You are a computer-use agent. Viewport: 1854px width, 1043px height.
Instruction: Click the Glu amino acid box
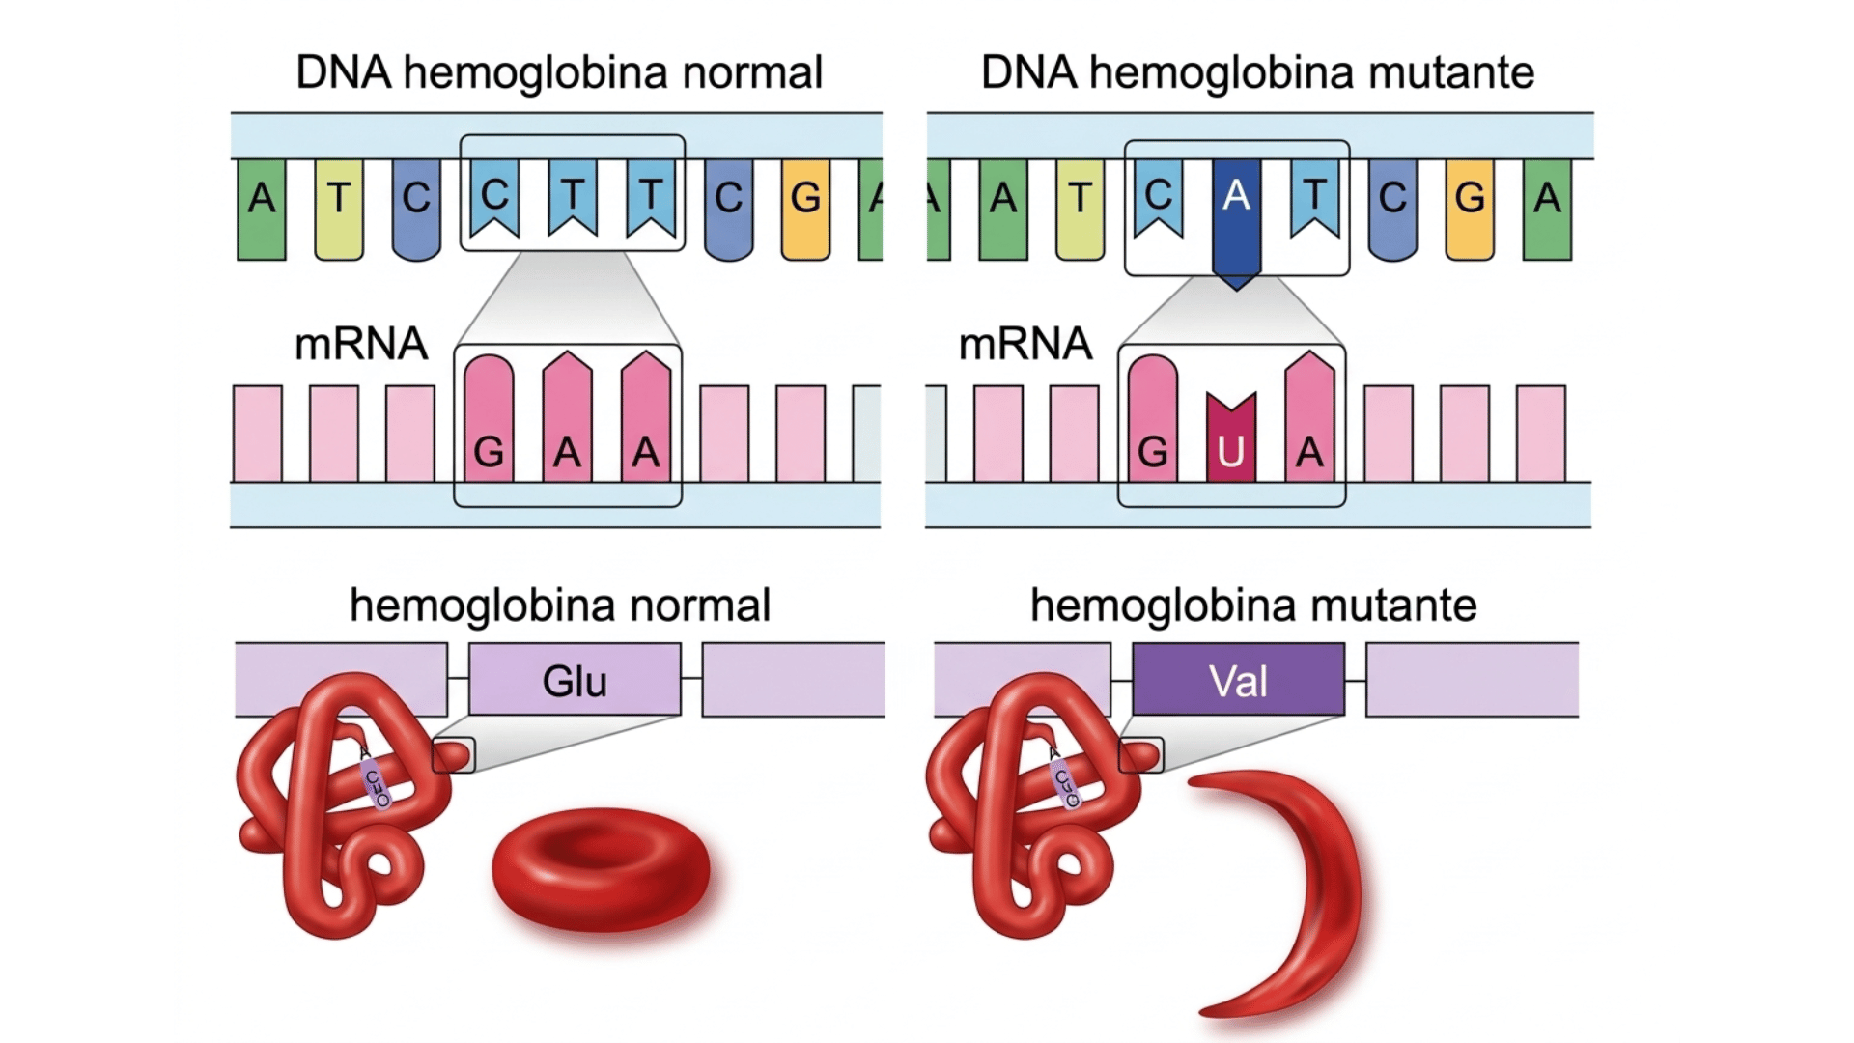click(x=575, y=680)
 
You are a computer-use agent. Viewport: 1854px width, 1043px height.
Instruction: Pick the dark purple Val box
click(x=1238, y=680)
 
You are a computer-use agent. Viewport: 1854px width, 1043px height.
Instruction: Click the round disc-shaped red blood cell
click(x=601, y=869)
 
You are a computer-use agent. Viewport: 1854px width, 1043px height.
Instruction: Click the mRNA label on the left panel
click(x=360, y=344)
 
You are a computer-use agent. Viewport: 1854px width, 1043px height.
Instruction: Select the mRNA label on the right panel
click(x=1025, y=344)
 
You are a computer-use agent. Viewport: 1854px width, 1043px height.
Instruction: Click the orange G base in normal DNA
click(x=805, y=208)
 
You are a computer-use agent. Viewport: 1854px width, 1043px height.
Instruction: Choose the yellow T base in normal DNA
click(x=339, y=208)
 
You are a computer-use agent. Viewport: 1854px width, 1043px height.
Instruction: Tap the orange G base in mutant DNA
click(x=1470, y=208)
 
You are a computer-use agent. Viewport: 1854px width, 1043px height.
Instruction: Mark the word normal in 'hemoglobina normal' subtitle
click(x=700, y=606)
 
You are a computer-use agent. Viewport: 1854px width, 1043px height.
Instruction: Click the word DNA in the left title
click(x=343, y=72)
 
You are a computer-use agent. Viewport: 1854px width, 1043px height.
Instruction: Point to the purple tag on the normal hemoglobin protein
click(x=376, y=782)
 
